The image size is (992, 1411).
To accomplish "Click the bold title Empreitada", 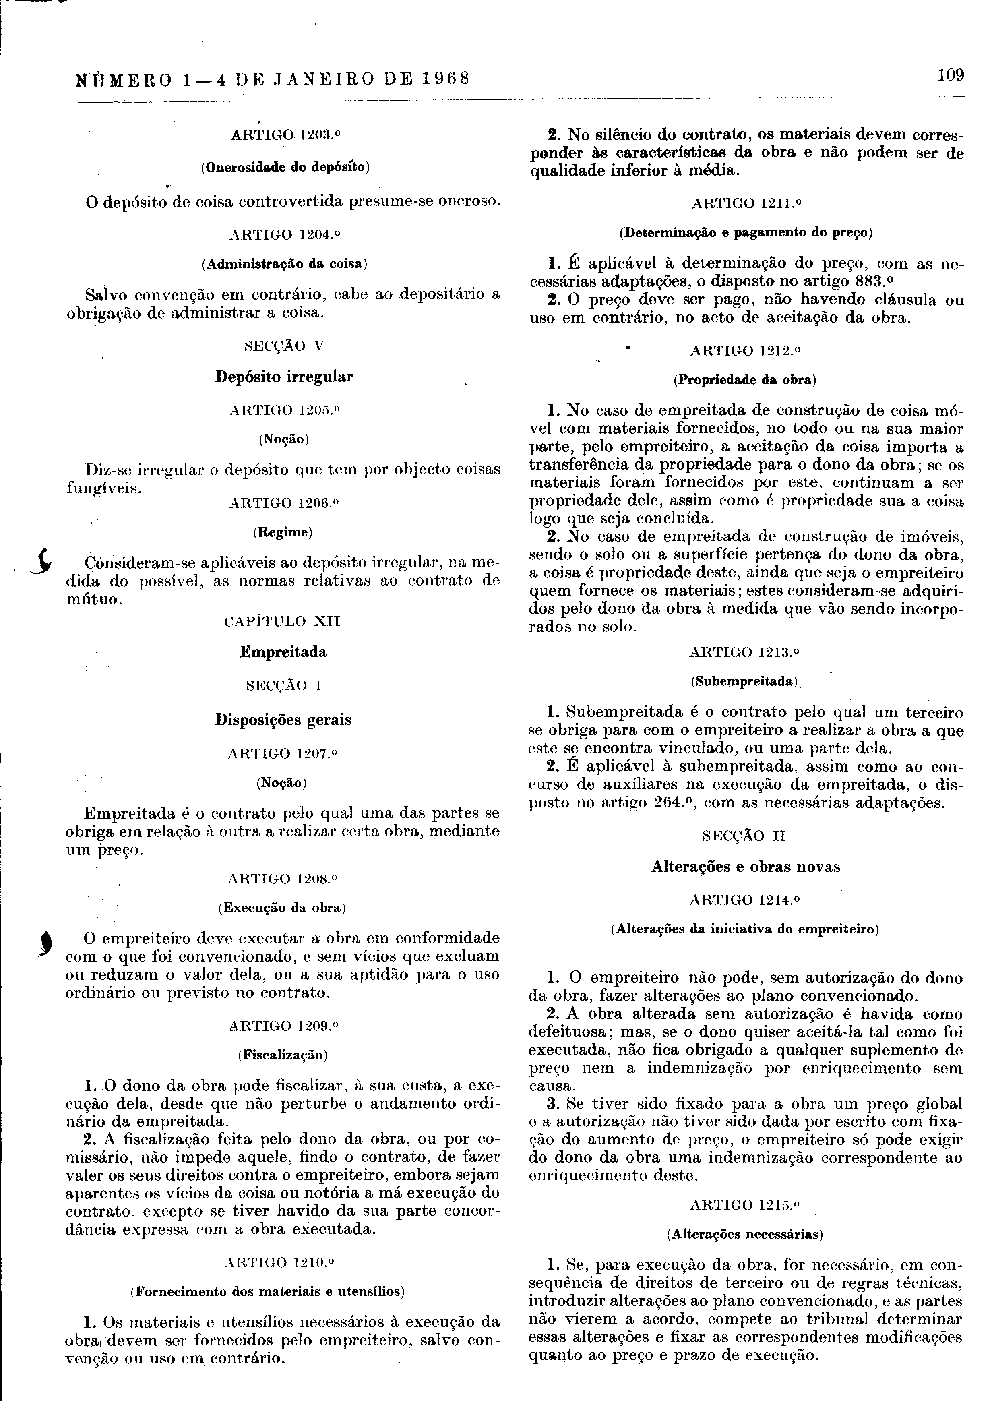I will pyautogui.click(x=283, y=652).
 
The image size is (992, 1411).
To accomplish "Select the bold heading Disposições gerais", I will pyautogui.click(x=283, y=719).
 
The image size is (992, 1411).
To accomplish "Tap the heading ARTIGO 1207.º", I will pyautogui.click(x=283, y=753).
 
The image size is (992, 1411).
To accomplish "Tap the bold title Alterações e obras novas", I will pyautogui.click(x=745, y=867).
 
